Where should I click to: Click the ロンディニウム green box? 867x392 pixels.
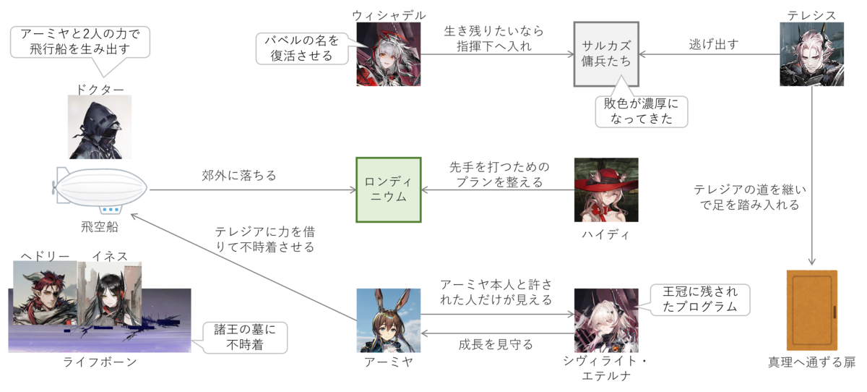389,189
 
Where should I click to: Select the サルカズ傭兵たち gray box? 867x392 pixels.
606,54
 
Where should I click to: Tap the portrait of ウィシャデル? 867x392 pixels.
388,54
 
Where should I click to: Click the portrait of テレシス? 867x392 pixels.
811,54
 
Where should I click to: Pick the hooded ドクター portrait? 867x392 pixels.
99,127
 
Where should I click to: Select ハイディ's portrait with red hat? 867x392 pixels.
606,189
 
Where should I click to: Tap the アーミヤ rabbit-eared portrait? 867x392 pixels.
388,320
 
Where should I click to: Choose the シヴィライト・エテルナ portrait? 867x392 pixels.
606,320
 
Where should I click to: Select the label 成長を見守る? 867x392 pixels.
496,344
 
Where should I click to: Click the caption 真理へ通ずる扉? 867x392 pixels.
811,362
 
